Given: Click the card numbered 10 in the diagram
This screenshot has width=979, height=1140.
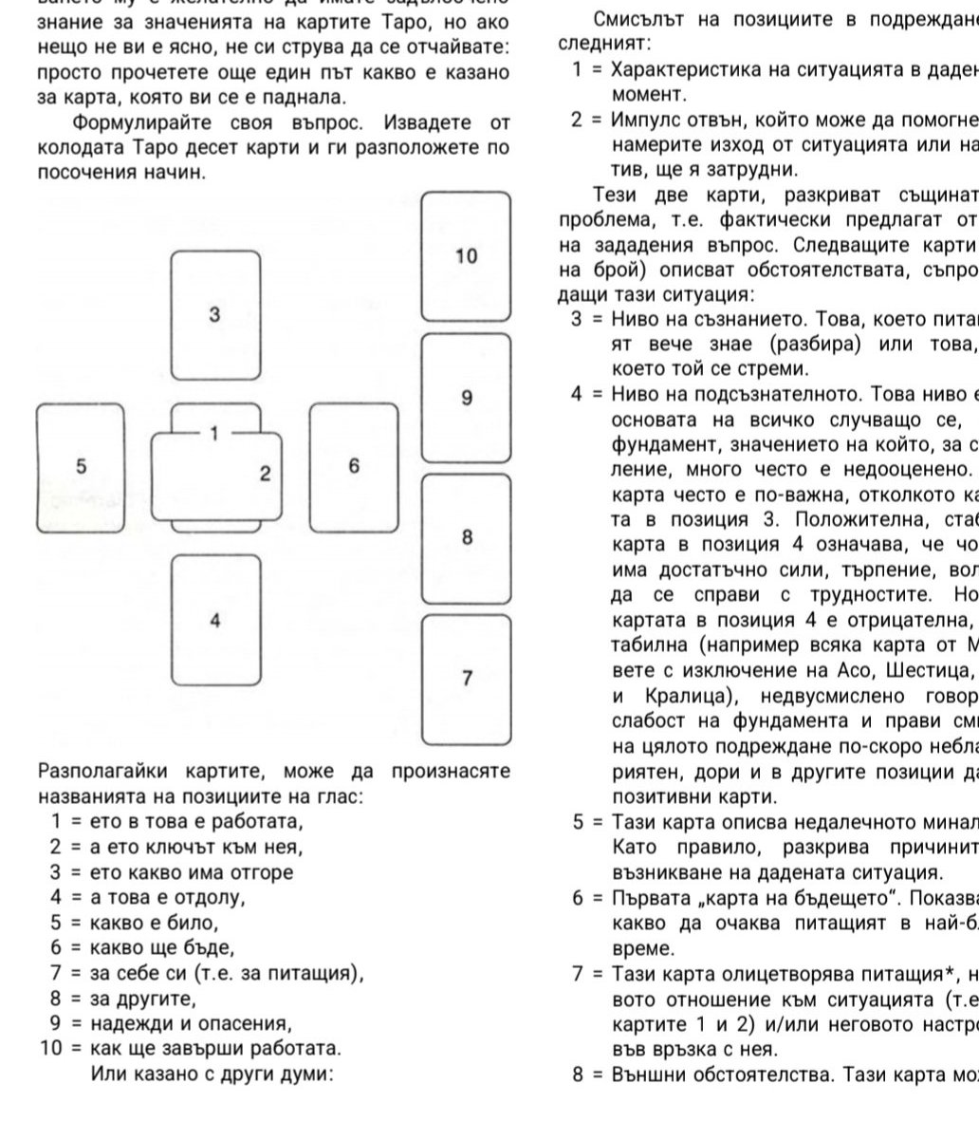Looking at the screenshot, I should (466, 256).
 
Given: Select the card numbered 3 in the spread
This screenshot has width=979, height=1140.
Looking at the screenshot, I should (215, 315).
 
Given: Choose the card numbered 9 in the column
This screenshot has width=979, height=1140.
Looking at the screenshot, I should (466, 398).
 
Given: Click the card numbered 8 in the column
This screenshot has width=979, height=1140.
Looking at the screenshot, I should (466, 537).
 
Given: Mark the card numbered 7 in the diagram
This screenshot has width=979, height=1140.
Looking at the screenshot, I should (466, 678).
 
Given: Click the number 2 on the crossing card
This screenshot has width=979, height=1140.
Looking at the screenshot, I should (266, 473).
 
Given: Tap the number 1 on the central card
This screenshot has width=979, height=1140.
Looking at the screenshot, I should (214, 434).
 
